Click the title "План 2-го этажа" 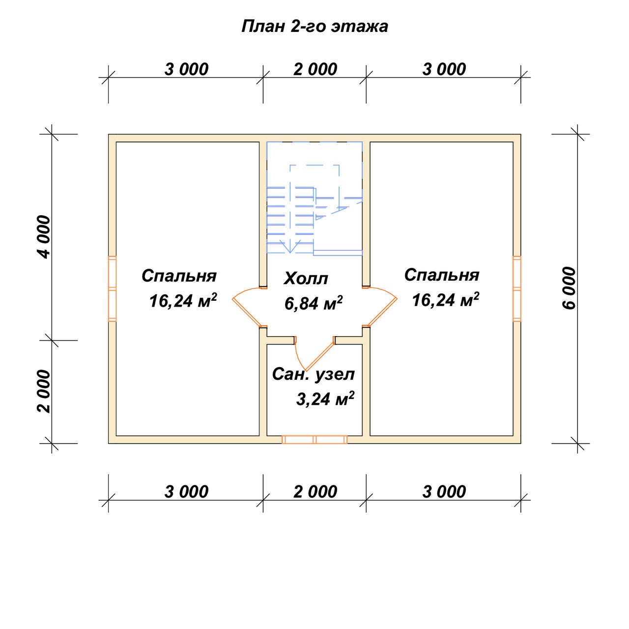[314, 27]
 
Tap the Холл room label [306, 279]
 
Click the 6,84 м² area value [314, 303]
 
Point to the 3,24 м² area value [325, 398]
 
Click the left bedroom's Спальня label [179, 276]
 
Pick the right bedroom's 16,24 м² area [445, 299]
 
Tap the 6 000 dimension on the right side [569, 288]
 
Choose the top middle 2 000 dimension [315, 69]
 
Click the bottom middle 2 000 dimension [315, 492]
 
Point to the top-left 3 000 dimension [186, 69]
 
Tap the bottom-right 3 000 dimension [444, 492]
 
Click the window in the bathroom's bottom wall [314, 439]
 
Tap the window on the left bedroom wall [112, 289]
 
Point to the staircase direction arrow [290, 247]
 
